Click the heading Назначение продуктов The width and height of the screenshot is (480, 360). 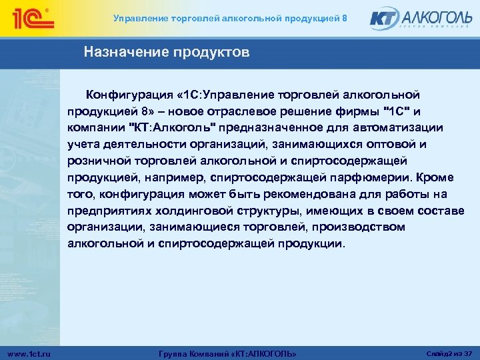coord(167,52)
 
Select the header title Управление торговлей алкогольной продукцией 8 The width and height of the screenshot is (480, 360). coord(230,18)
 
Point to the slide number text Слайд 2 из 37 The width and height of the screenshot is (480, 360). coord(449,352)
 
